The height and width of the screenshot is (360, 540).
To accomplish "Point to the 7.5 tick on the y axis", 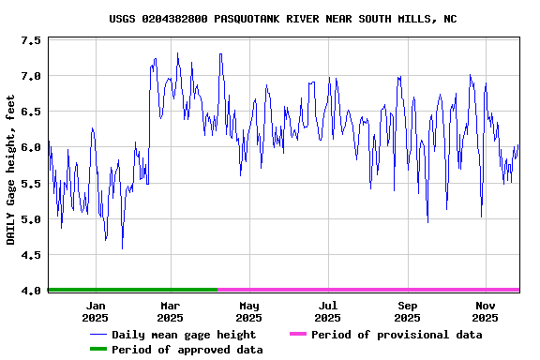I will tap(30, 41).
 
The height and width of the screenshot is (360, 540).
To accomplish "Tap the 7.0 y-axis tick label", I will tap(30, 76).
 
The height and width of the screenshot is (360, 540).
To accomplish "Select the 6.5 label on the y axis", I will tap(30, 112).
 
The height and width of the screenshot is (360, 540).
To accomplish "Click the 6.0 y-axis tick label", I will tap(30, 147).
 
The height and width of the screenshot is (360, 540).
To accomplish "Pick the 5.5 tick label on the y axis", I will tap(30, 184).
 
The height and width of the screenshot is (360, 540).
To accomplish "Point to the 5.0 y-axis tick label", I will tap(30, 219).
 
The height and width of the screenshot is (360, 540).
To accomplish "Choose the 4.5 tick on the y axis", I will tap(30, 255).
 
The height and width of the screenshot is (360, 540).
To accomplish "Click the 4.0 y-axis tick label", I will tap(30, 291).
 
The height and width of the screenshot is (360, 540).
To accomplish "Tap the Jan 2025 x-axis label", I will tap(96, 311).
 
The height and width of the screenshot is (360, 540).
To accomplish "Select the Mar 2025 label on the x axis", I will tap(170, 311).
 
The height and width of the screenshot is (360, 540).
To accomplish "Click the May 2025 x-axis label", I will tap(248, 311).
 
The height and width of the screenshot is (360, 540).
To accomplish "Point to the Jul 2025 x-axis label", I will tap(327, 311).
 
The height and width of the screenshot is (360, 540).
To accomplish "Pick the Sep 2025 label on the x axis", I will tap(407, 311).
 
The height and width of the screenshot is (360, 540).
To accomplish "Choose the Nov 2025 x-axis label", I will tap(486, 311).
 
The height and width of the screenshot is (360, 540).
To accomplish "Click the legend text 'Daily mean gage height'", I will tap(184, 335).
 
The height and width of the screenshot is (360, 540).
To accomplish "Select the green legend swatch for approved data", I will tap(97, 350).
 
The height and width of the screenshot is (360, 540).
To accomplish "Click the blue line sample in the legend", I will tap(97, 335).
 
